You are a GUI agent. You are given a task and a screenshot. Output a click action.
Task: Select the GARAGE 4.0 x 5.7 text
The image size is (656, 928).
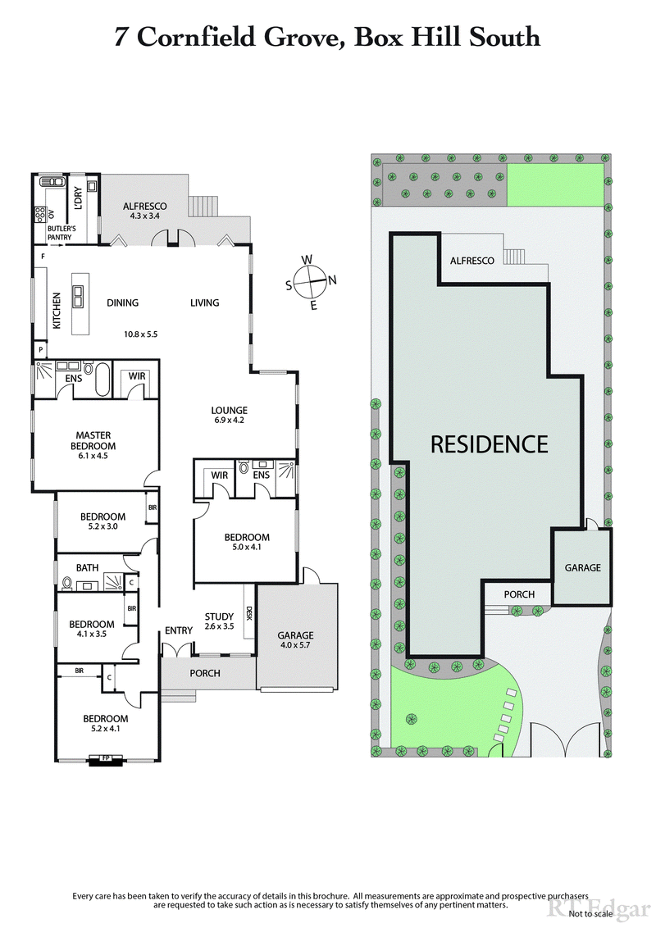[x=295, y=640]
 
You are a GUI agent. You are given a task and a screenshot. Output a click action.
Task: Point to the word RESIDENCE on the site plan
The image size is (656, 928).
[x=489, y=444]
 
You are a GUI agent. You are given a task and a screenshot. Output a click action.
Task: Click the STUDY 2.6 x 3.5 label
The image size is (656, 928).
[x=219, y=621]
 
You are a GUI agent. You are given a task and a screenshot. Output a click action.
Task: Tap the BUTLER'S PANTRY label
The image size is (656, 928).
[x=59, y=233]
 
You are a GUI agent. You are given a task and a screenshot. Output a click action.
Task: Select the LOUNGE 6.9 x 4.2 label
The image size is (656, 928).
[x=229, y=415]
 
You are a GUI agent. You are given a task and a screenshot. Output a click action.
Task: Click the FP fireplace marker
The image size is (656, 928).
[x=105, y=758]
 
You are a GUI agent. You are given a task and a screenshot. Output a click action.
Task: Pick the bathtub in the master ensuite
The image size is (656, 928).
[x=102, y=380]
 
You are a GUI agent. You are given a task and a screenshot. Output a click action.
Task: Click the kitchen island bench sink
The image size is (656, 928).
[x=80, y=294]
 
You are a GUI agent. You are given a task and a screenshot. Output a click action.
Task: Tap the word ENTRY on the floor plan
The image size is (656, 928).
[x=178, y=630]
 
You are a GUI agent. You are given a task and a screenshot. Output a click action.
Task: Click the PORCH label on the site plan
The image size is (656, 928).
[x=519, y=594]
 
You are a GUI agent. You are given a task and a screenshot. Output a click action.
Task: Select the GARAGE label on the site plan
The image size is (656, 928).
[x=582, y=567]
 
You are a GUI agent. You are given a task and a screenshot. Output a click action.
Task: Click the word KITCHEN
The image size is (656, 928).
[x=57, y=312]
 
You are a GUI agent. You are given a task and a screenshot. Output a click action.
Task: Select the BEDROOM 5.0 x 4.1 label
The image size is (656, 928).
[x=247, y=543]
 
